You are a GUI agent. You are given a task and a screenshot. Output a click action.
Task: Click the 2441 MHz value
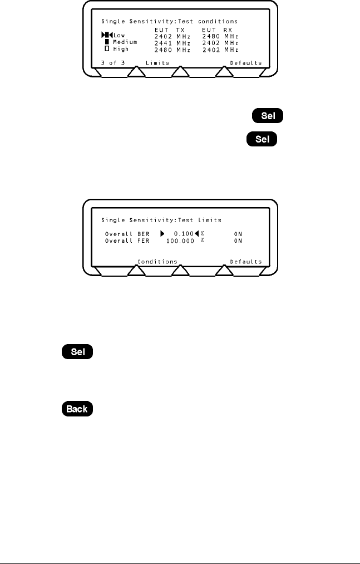coord(172,42)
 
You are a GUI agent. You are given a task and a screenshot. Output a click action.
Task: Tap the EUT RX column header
coord(219,28)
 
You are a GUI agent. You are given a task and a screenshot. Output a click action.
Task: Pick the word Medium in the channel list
coord(126,42)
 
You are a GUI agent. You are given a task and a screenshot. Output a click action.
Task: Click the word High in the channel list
coord(121,49)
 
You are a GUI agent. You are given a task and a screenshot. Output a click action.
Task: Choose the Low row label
coord(119,36)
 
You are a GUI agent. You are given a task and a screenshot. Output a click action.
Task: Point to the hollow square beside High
coord(107,49)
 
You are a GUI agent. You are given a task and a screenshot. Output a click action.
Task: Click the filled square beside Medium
coord(107,42)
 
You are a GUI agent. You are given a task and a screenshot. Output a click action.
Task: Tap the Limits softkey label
coord(157,63)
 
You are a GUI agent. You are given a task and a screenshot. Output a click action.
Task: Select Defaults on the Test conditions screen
coord(246,63)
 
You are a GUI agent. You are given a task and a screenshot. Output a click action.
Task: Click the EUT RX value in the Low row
coord(219,36)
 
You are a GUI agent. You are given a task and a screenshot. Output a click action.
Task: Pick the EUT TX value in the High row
coord(172,49)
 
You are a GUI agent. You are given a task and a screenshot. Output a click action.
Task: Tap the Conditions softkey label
coord(157,262)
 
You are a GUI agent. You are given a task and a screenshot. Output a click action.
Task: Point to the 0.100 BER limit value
coord(184,234)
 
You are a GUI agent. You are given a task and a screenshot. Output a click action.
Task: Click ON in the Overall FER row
coord(238,241)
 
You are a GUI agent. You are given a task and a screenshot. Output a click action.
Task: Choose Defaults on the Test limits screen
coord(246,262)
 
